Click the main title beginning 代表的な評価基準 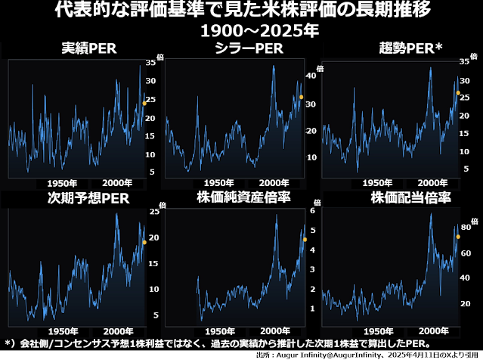[241, 12]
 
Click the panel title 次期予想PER [89, 198]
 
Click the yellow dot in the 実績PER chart [144, 103]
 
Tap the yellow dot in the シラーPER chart [301, 97]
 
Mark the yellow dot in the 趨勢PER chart [458, 93]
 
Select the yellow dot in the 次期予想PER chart [144, 242]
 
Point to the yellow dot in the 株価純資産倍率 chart [305, 240]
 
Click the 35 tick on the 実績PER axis [152, 64]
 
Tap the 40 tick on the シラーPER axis [309, 76]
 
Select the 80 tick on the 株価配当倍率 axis [466, 227]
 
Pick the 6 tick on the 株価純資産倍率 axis [311, 211]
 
